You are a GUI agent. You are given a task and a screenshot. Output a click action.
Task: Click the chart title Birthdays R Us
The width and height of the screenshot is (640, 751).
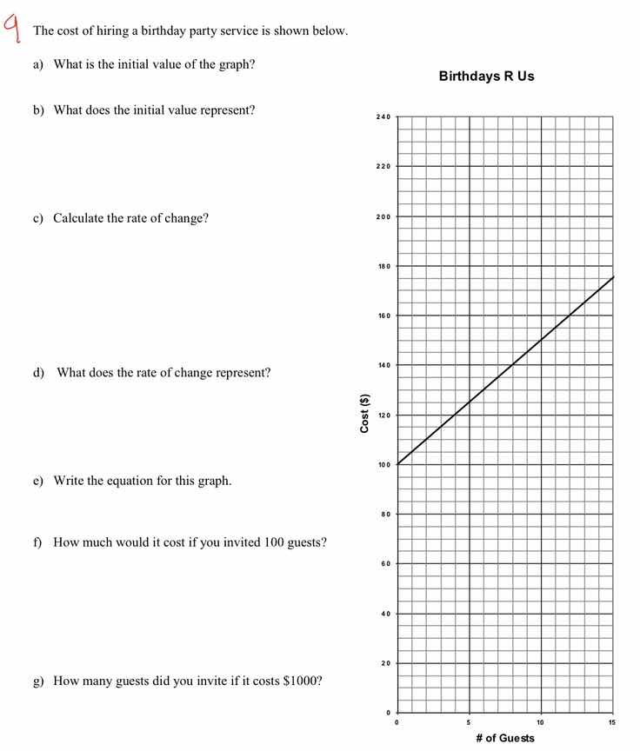pos(486,76)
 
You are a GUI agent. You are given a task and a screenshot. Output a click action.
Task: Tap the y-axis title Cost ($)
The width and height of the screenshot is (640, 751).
pos(365,414)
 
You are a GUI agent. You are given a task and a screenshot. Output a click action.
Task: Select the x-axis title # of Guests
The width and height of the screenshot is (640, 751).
pos(505,738)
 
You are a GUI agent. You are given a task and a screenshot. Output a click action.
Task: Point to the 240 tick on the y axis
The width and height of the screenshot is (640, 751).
pos(383,116)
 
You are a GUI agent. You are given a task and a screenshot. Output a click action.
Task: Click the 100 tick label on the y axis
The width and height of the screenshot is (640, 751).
pos(383,465)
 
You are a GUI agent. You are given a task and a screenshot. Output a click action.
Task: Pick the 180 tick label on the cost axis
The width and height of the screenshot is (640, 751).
pos(383,266)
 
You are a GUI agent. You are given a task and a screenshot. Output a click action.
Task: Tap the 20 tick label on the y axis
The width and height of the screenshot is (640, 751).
pos(385,664)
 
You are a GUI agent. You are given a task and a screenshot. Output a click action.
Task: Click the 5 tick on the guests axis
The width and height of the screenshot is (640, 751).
pos(469,722)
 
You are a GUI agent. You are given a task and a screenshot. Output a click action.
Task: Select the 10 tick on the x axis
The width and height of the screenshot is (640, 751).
pos(540,722)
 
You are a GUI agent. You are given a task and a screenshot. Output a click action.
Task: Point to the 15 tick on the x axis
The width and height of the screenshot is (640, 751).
pos(612,722)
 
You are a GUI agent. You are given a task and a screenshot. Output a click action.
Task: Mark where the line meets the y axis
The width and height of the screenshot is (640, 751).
pos(397,464)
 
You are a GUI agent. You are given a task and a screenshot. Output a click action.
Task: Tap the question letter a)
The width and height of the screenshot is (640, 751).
pos(38,65)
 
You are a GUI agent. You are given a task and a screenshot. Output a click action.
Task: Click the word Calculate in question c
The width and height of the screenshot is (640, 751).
pos(79,218)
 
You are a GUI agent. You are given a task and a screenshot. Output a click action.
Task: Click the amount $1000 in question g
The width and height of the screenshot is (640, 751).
pos(303,681)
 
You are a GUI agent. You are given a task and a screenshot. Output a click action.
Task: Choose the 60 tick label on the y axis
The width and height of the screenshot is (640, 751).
pos(385,564)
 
